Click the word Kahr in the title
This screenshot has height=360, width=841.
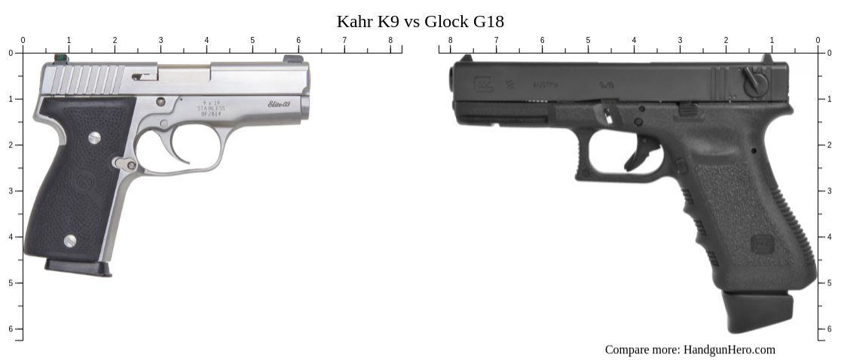tap(353, 21)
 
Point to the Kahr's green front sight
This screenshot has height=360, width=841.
tap(60, 57)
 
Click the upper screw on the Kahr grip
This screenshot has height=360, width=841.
tap(94, 137)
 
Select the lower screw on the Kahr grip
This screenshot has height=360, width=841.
tap(69, 241)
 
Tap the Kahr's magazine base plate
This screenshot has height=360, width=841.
tap(78, 268)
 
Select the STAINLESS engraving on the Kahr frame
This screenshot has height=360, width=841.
tap(210, 108)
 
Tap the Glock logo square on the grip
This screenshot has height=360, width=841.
tap(763, 244)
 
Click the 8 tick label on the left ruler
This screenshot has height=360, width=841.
tap(390, 40)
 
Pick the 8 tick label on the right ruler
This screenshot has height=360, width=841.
tap(451, 40)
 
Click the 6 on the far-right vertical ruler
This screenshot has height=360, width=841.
tap(830, 329)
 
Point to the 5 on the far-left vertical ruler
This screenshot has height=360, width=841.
tap(11, 282)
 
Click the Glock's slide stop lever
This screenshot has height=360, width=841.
tap(688, 110)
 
